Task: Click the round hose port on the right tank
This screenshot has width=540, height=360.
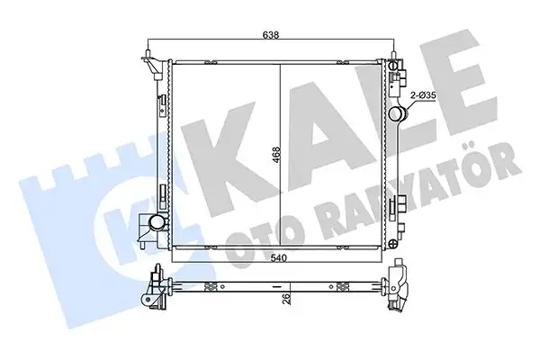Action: tap(399, 113)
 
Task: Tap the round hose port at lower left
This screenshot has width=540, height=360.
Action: tap(157, 222)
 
